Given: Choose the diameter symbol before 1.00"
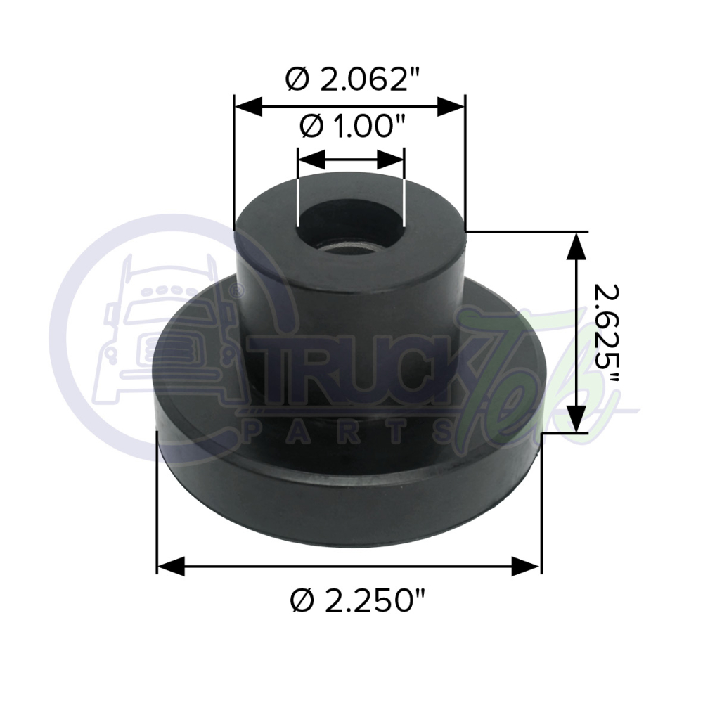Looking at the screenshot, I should point(310,128).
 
